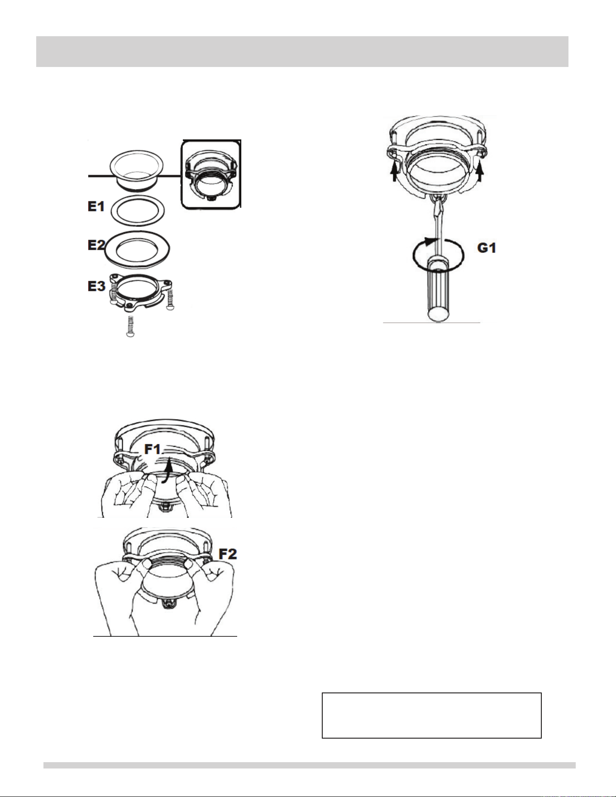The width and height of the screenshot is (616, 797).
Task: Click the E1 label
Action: tap(96, 206)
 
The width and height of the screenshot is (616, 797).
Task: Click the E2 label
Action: tap(96, 245)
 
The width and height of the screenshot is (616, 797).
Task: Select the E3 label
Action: tap(96, 286)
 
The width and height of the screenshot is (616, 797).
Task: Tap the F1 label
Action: tap(153, 449)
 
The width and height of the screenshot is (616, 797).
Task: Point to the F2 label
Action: tap(228, 554)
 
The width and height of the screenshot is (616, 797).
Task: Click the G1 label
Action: tap(487, 248)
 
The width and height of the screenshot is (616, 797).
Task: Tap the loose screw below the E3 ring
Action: tap(130, 326)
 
